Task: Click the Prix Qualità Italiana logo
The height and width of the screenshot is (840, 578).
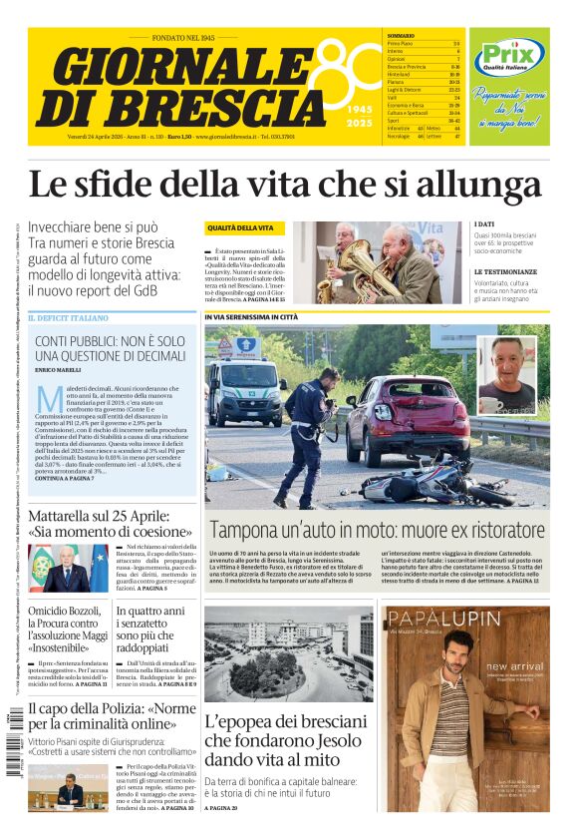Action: click(508, 58)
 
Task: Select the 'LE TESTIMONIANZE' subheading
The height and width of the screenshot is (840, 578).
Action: click(506, 271)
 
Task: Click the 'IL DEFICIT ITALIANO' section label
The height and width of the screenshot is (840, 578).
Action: click(69, 318)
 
